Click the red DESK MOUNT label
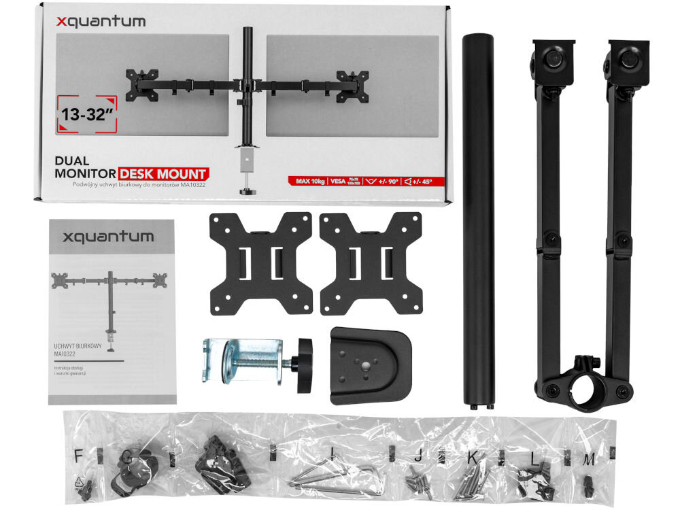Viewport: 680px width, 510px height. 163,173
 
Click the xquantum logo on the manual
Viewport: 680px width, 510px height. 108,237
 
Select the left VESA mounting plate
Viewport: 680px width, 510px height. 261,262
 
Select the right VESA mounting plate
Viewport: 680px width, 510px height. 371,262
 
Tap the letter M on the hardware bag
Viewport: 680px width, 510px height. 589,460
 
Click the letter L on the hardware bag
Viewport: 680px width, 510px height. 535,460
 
